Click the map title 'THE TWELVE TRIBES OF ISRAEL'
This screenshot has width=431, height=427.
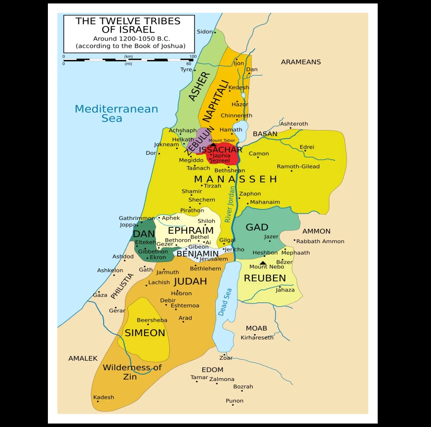(128, 25)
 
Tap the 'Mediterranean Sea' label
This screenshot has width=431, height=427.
(116, 113)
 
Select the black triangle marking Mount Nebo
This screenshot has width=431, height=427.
(263, 263)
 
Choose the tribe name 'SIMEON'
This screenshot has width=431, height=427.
(145, 333)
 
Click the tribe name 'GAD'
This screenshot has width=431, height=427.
(257, 227)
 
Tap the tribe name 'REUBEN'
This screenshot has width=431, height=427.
(265, 278)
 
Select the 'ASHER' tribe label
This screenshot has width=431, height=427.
(199, 86)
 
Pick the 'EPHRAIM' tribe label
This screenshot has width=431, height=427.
(191, 230)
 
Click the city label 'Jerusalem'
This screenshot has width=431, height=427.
(214, 259)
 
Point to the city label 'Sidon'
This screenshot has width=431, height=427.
(204, 32)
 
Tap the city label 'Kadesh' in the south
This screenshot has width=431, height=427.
(104, 397)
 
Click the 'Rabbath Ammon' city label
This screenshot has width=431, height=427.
(320, 241)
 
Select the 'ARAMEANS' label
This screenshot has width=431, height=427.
(301, 62)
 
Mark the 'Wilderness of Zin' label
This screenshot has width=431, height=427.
(132, 372)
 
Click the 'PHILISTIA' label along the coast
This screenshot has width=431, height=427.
(121, 286)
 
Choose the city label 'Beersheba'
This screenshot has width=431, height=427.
(152, 320)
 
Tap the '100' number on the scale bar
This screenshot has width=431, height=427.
(193, 56)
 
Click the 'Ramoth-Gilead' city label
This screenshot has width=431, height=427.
(298, 167)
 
